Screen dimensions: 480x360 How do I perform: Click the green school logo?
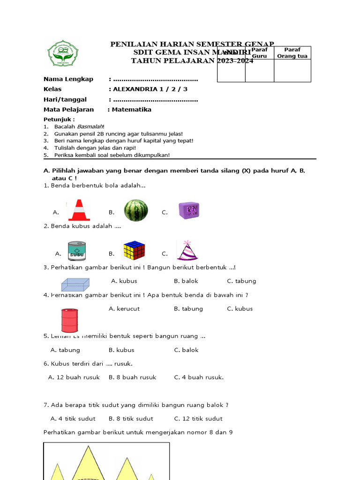coord(63,53)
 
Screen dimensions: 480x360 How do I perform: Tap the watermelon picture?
coord(136,210)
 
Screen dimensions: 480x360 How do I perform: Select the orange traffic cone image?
coord(79,210)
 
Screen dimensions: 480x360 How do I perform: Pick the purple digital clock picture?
coord(189,210)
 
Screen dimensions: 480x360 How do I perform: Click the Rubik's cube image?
coord(134,251)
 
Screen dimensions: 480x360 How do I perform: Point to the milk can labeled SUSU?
coord(76,251)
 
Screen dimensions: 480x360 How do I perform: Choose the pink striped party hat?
coord(187,250)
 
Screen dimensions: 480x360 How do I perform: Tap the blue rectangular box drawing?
coord(75,284)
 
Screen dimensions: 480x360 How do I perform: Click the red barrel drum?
coord(69,321)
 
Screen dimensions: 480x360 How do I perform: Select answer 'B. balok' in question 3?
coord(186,281)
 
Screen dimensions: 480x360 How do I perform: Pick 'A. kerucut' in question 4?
coord(124,309)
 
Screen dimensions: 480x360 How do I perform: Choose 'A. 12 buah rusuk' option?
coord(74,377)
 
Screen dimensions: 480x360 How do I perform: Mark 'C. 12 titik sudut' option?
coord(198,419)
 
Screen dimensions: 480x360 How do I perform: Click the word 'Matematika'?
coord(132,110)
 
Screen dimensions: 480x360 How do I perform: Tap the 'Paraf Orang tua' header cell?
coord(292,53)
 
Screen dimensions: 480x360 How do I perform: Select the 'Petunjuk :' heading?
coord(59,119)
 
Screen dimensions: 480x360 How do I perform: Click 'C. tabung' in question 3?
coord(241,281)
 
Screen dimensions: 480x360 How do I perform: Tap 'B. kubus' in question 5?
coord(121,350)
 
